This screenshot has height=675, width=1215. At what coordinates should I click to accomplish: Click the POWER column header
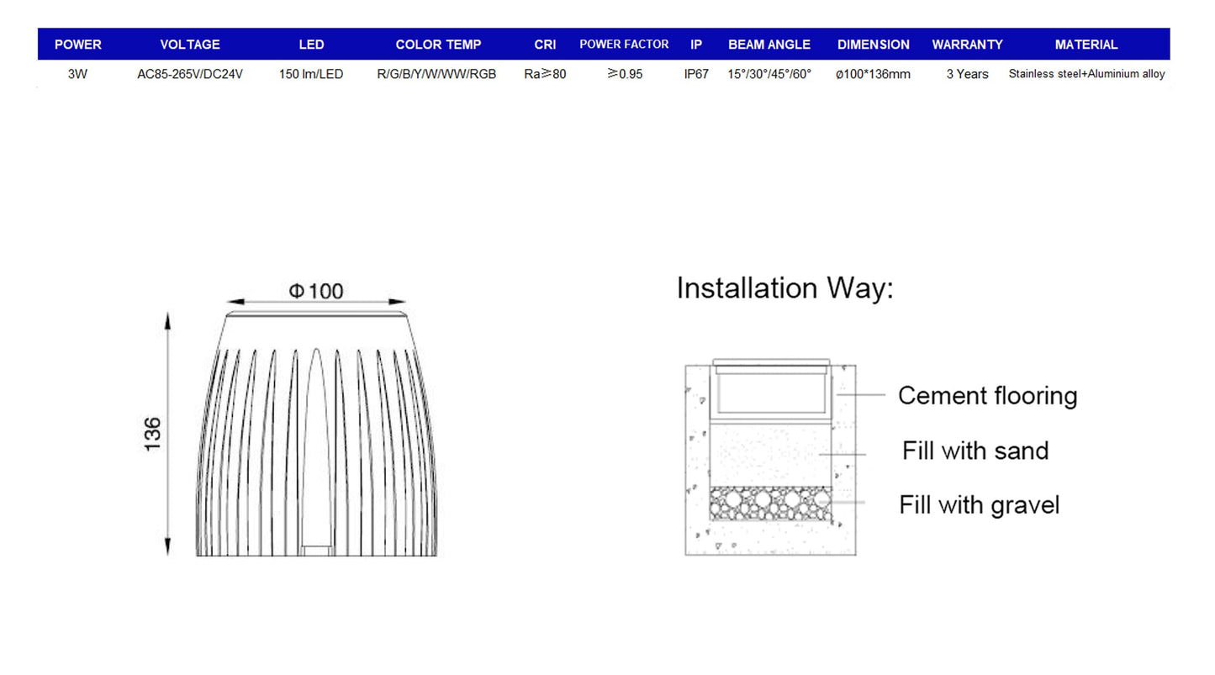coord(77,45)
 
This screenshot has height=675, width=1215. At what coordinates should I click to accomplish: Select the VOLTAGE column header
coord(190,45)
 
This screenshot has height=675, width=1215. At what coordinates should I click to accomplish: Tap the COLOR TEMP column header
coord(438,45)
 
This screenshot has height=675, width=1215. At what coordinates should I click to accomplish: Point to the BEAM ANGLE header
coord(769,45)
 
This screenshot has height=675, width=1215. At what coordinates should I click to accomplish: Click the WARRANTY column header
coord(967,45)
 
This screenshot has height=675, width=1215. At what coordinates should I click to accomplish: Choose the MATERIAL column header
coord(1086,45)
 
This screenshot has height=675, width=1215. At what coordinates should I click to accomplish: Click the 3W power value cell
coord(77,74)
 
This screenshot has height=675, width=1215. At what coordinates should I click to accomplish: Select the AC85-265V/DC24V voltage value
coord(190,74)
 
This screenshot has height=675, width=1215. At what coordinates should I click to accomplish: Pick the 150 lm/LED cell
coord(311,74)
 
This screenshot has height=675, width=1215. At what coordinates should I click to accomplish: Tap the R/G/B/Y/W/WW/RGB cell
coord(436,74)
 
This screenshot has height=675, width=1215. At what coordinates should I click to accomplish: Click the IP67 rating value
coord(696,74)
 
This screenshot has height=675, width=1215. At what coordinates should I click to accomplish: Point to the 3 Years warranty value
coord(967,74)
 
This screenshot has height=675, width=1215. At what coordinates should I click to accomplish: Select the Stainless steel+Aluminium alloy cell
coord(1086,74)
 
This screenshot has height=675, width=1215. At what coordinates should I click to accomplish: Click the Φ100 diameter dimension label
coord(315,291)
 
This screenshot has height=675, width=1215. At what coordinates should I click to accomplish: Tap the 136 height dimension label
coord(152,435)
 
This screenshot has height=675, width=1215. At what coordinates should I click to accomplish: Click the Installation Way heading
coord(784,287)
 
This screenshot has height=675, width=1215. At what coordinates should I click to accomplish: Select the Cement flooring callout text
coord(988,396)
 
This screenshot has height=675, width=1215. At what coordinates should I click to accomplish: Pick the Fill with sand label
coord(975,451)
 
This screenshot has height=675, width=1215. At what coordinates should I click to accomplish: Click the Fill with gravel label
coord(979,505)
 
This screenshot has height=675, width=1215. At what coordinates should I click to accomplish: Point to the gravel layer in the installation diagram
coord(770,504)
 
